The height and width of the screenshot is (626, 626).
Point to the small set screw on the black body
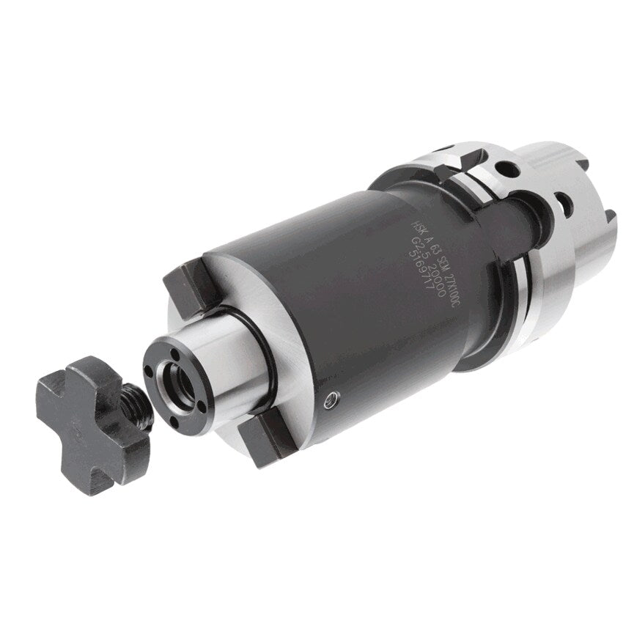(x=334, y=397)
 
